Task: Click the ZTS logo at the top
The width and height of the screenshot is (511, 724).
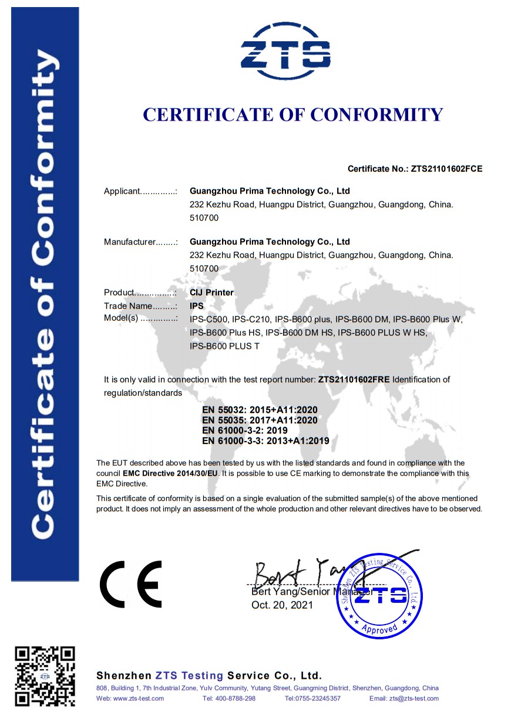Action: point(285,52)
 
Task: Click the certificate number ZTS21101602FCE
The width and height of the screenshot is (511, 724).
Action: point(446,169)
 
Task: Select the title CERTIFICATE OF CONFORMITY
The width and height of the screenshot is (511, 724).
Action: point(293,114)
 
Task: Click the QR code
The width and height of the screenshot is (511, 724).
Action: point(45,675)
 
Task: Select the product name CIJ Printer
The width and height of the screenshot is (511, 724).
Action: point(212,292)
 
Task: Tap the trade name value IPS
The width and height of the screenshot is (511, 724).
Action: point(197,306)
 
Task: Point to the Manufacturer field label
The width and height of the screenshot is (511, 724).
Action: point(129,242)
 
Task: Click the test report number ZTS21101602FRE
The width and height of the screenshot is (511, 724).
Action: point(354,380)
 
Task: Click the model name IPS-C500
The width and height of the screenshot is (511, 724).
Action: point(209,319)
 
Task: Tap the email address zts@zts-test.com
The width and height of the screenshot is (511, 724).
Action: point(413,698)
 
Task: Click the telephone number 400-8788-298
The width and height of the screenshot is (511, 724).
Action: point(237,698)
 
